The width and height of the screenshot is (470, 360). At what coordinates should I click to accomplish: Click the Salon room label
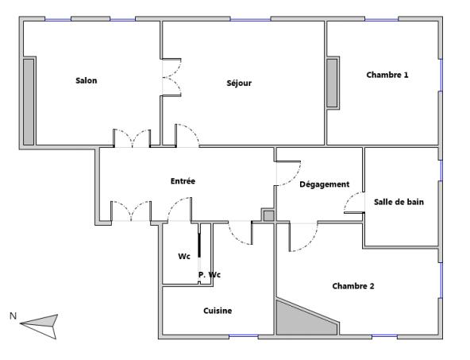[87, 80]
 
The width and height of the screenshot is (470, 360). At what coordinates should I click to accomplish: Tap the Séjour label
[239, 83]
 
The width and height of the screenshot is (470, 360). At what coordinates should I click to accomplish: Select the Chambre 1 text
[387, 75]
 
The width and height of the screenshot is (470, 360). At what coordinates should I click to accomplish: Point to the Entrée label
[183, 181]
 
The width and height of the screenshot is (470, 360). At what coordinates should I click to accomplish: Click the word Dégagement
[324, 184]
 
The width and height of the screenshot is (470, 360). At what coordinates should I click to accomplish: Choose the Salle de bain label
[399, 202]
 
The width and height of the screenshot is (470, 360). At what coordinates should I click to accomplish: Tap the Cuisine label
[218, 311]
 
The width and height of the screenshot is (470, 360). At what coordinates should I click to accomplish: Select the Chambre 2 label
[353, 286]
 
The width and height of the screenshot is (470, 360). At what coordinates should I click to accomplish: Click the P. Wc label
[210, 275]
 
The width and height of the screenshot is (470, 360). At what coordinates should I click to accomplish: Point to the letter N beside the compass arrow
[13, 315]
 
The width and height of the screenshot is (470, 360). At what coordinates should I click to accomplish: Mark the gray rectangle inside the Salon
[29, 101]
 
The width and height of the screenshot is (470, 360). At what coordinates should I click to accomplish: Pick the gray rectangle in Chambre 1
[333, 83]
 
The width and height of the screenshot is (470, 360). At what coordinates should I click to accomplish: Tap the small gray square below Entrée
[268, 215]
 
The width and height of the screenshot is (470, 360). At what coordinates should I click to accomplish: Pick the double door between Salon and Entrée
[133, 138]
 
